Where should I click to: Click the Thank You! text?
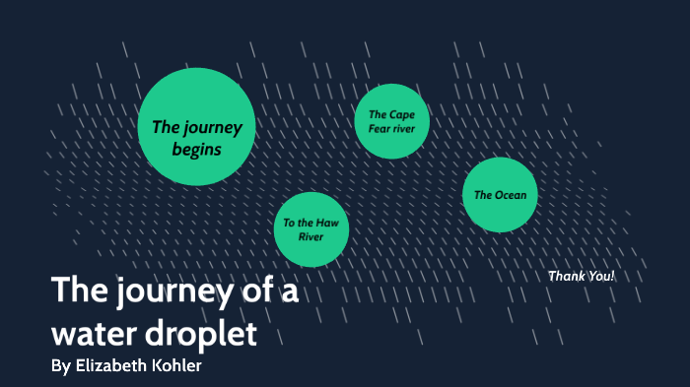pyautogui.click(x=581, y=276)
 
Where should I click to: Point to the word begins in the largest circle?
pyautogui.click(x=197, y=150)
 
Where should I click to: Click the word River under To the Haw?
pyautogui.click(x=311, y=237)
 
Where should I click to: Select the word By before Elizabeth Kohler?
pyautogui.click(x=60, y=366)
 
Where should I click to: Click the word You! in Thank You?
pyautogui.click(x=599, y=276)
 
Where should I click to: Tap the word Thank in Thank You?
pyautogui.click(x=564, y=276)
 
